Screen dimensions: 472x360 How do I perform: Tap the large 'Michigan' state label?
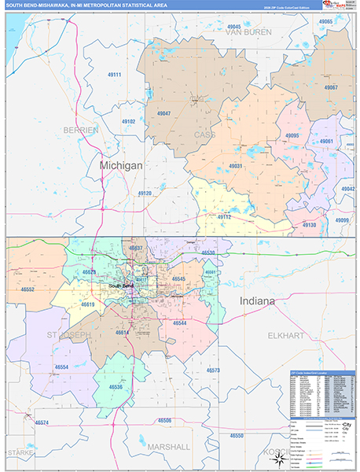[x=121, y=166]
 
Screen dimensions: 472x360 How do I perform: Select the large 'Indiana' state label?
[x=257, y=301]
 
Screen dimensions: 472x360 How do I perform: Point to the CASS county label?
[x=205, y=135]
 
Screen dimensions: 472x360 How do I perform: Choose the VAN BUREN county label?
[x=248, y=32]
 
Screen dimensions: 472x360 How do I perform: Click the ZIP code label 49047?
[x=163, y=113]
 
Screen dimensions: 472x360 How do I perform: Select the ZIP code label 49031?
[x=236, y=166]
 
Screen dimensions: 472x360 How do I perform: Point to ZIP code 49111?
[x=115, y=74]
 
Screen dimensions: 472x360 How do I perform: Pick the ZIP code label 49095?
[x=292, y=136]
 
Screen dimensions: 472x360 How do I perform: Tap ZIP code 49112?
[x=224, y=216]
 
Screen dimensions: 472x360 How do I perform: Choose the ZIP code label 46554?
[x=61, y=367]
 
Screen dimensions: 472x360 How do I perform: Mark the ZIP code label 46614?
[x=123, y=332]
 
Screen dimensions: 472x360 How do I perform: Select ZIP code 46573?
[x=213, y=369]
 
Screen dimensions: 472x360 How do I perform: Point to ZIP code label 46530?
[x=208, y=253]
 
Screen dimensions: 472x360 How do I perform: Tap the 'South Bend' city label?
[x=122, y=286]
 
